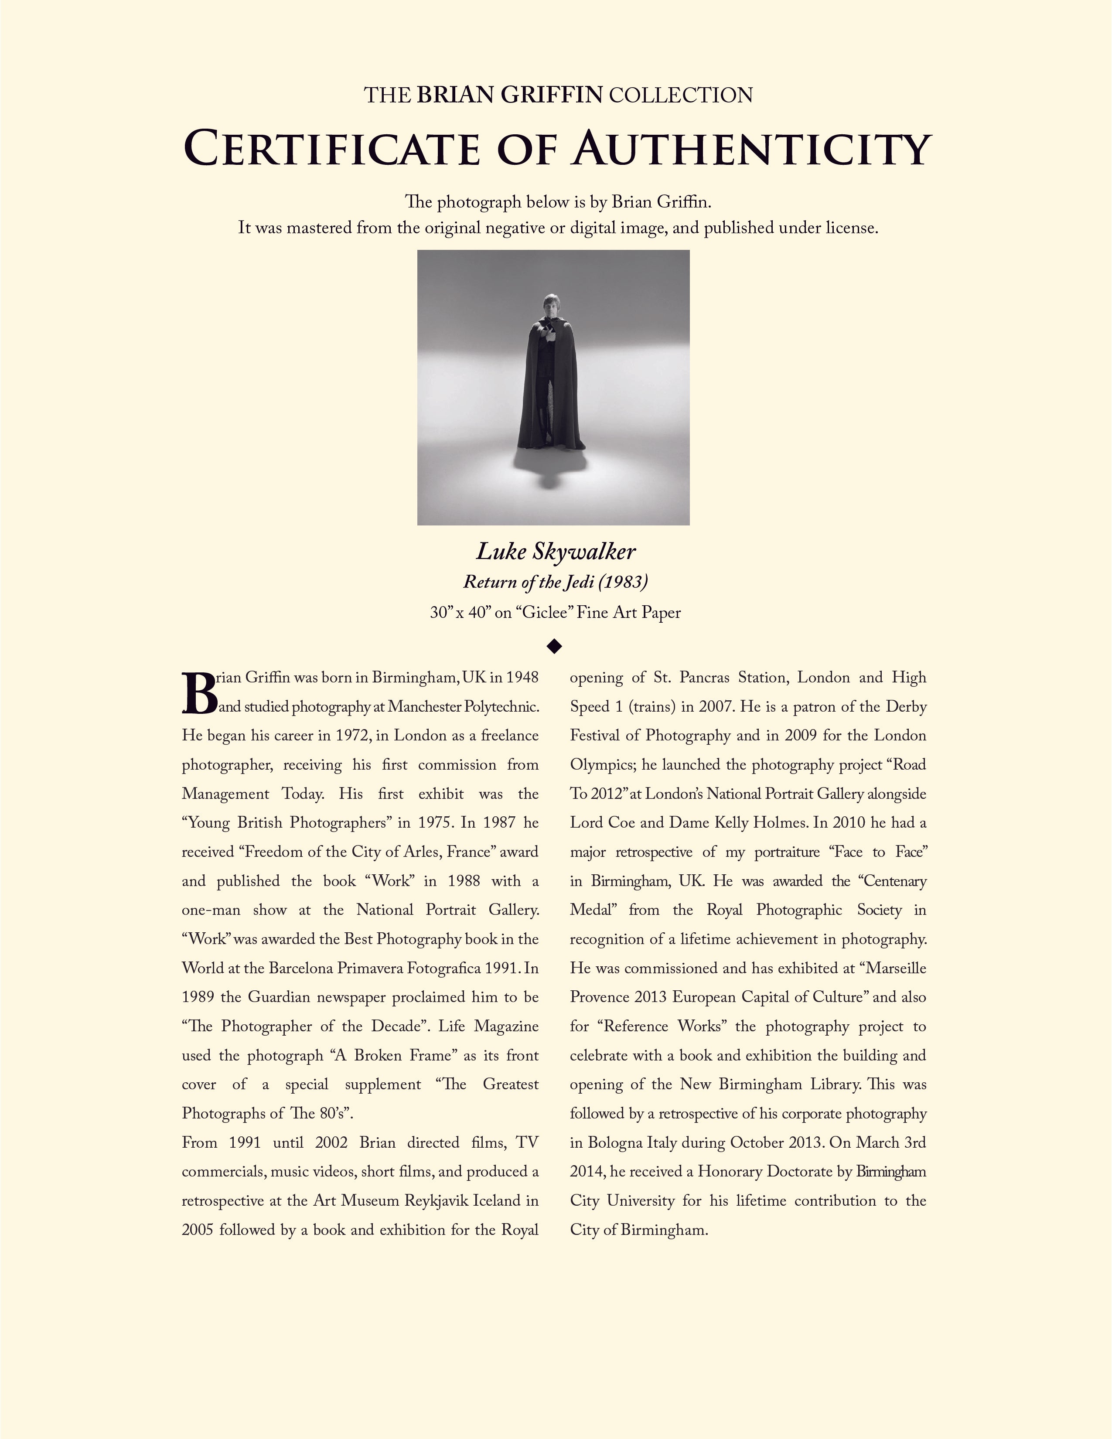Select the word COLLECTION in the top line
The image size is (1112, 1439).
point(681,95)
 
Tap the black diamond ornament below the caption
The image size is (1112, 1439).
point(555,646)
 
